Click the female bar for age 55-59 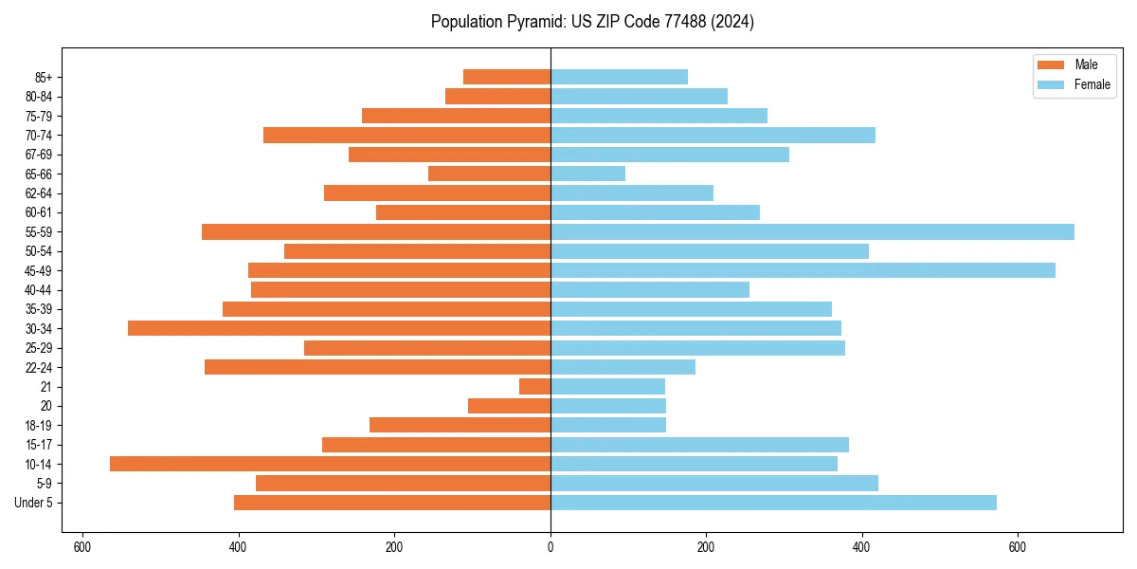[812, 232]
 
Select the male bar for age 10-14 [330, 464]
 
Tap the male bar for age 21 [534, 387]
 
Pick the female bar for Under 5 [773, 503]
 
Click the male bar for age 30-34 [339, 328]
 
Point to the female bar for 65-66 [587, 174]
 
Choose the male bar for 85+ [507, 77]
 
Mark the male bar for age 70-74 [406, 136]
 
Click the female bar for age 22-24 [623, 367]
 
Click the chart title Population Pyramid [592, 22]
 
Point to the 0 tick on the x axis [550, 547]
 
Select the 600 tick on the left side [82, 547]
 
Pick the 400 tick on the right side [861, 547]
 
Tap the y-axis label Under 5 [33, 503]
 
